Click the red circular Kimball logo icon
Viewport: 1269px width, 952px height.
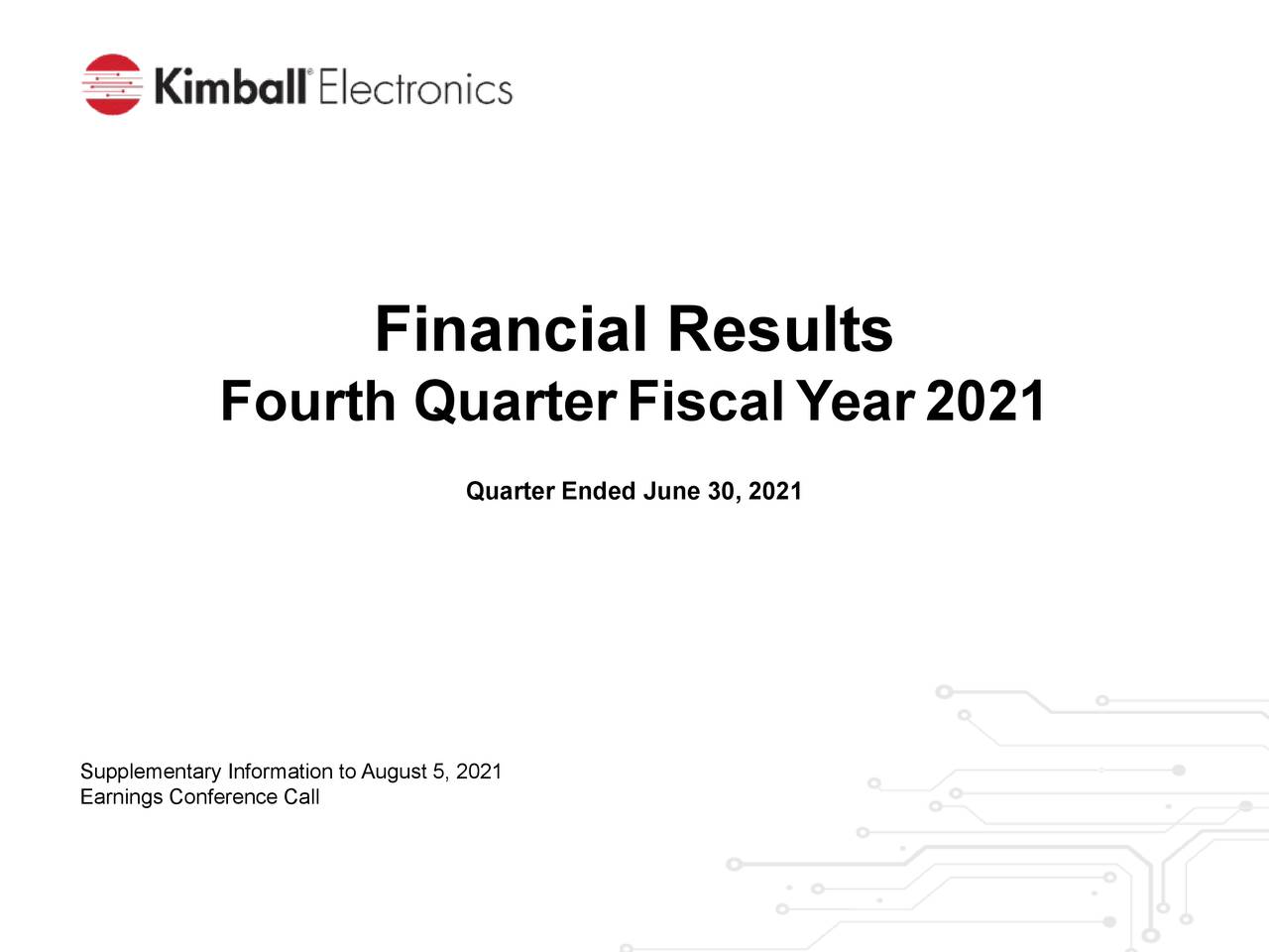(112, 84)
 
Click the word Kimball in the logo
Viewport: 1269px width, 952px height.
(230, 87)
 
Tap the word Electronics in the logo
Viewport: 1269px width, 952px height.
(415, 89)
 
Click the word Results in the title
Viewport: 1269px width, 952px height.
(779, 329)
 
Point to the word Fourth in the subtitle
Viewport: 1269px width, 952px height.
(307, 402)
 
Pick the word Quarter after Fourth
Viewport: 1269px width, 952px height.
(516, 402)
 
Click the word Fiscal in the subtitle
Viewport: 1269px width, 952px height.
(705, 402)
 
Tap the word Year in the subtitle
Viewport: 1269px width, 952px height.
(855, 402)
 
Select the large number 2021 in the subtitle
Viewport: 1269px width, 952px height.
(985, 402)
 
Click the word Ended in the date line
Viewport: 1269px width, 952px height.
(598, 492)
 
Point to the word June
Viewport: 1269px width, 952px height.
(672, 492)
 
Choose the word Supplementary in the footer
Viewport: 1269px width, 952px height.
(150, 773)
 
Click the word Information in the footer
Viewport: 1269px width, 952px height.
(280, 772)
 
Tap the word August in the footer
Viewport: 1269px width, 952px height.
(394, 773)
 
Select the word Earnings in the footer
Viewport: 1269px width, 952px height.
(121, 797)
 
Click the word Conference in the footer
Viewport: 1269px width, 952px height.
(223, 797)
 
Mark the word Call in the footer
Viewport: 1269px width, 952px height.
(301, 797)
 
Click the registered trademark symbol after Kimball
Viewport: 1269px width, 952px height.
(310, 72)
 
